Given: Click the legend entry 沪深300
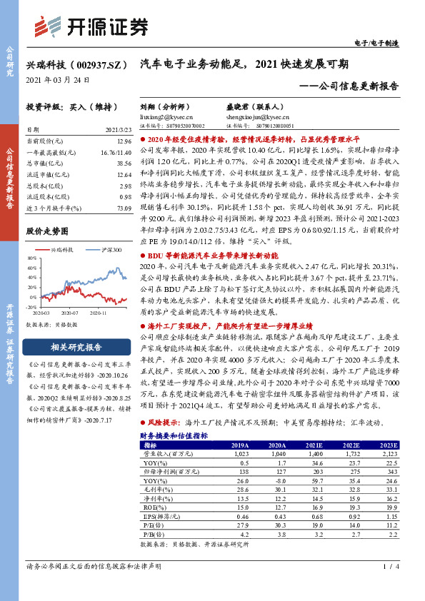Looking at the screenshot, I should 111,250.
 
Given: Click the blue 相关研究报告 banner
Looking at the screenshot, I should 79,348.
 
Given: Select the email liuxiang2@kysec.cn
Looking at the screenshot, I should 166,116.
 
